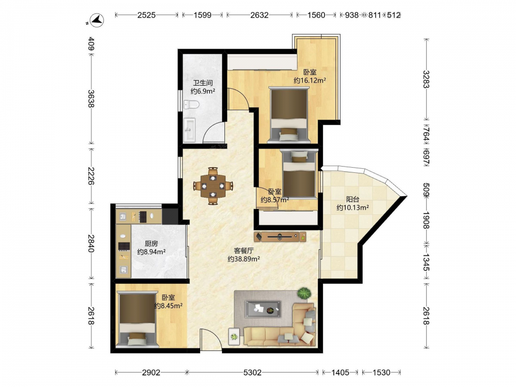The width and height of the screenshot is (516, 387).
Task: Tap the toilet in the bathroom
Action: [x=191, y=105]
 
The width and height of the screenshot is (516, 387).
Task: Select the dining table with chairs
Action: [x=213, y=186]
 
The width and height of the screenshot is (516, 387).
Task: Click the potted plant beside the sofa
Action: [x=304, y=293]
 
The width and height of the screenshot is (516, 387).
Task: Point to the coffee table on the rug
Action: [x=263, y=309]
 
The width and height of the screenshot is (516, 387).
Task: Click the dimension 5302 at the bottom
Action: [x=252, y=372]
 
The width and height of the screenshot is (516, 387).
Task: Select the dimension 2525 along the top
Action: [x=147, y=15]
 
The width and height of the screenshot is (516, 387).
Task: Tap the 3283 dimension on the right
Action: [x=426, y=79]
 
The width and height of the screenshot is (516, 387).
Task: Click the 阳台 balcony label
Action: [x=352, y=199]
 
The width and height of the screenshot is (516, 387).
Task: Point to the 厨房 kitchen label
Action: [x=151, y=244]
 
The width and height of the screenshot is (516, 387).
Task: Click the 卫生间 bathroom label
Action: [x=203, y=83]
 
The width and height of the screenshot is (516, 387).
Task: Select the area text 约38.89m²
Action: [x=244, y=259]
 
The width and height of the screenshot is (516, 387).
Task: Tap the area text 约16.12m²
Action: [x=310, y=80]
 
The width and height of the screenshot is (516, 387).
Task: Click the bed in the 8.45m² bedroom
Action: [x=137, y=319]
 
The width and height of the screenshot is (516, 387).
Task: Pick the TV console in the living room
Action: [x=280, y=237]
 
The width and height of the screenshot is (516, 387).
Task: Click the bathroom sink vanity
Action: [x=189, y=130]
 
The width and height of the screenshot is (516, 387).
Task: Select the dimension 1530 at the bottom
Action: [x=381, y=372]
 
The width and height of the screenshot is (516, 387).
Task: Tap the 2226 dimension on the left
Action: [x=91, y=176]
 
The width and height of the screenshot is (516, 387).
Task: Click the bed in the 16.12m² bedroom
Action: [x=289, y=115]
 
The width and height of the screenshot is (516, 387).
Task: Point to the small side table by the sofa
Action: [x=234, y=336]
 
